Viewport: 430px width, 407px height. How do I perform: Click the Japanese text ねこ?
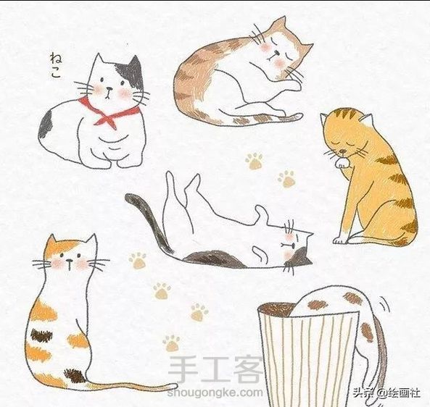coord(55,65)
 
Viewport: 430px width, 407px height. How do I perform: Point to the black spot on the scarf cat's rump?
coord(46,125)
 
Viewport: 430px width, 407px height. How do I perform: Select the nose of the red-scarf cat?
coord(109,89)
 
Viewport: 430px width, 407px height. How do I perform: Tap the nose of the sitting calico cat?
coord(70,260)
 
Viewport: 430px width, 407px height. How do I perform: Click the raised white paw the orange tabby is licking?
coord(342,163)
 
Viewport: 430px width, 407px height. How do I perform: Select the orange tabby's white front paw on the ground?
coord(339,240)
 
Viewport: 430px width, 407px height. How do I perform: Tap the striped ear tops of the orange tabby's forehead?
coord(347,114)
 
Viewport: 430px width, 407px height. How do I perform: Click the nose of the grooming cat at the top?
coord(278,53)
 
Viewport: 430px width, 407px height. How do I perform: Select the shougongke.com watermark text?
coord(215,393)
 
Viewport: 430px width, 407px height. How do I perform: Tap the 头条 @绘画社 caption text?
coord(387,393)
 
